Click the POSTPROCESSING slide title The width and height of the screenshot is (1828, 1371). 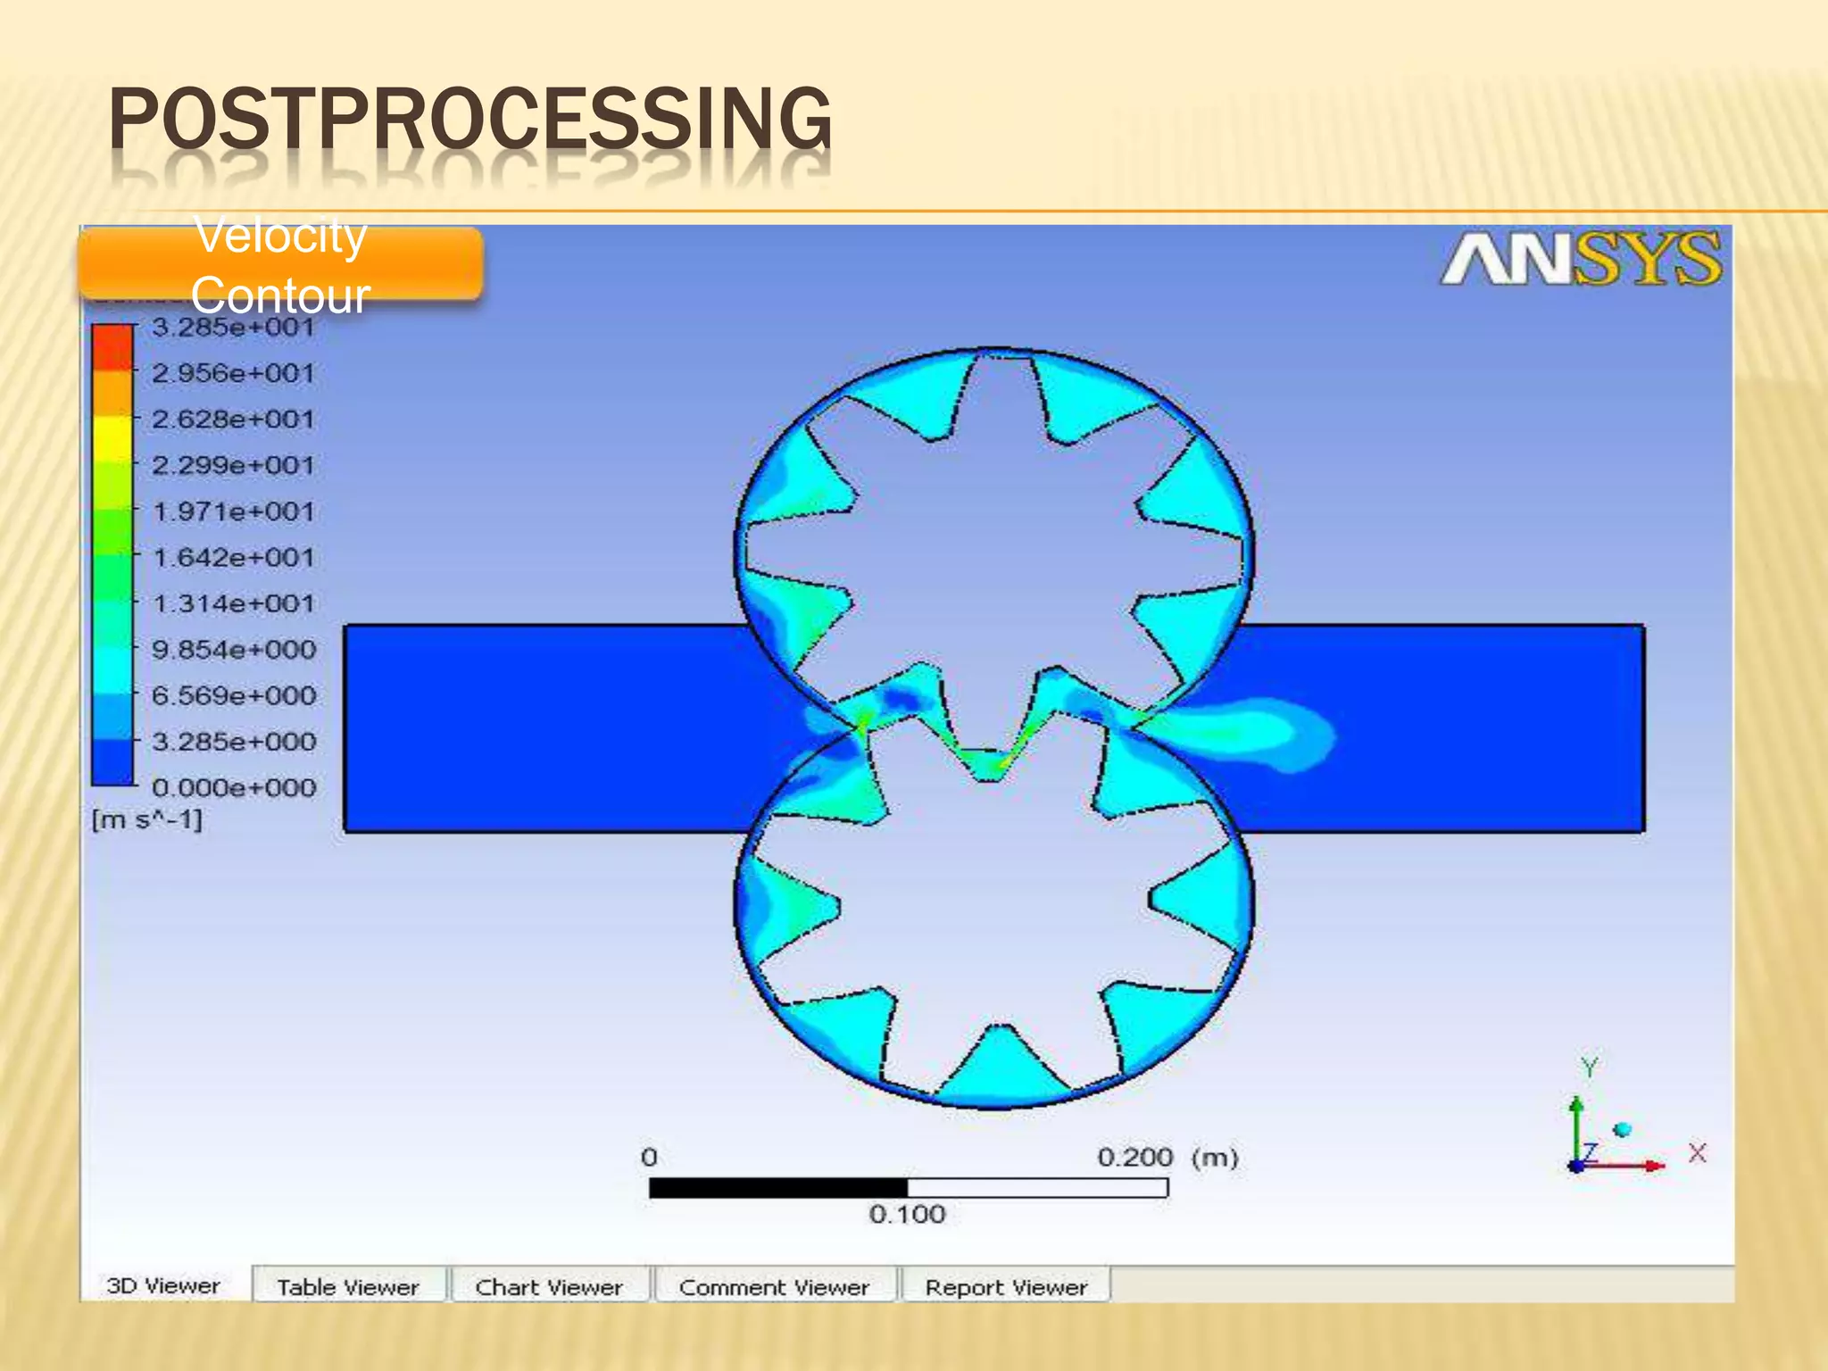click(x=470, y=120)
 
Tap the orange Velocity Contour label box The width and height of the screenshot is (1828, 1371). click(x=280, y=264)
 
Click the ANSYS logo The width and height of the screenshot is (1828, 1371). click(x=1581, y=261)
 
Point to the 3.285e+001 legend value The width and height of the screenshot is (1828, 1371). click(x=233, y=328)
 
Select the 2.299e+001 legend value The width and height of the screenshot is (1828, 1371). click(x=233, y=466)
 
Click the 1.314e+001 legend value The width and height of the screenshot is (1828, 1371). click(x=233, y=604)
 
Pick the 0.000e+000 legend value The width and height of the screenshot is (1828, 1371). click(x=233, y=788)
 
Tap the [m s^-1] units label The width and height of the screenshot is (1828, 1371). click(x=147, y=819)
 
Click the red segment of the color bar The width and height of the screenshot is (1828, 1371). click(x=112, y=346)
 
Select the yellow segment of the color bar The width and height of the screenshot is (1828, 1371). click(x=112, y=437)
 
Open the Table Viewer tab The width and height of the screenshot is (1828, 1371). click(x=348, y=1287)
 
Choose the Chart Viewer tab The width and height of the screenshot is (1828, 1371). click(x=549, y=1287)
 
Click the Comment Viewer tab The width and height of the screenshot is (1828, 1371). click(x=774, y=1287)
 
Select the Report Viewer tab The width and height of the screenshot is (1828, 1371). click(x=1006, y=1287)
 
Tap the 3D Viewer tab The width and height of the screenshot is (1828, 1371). click(x=163, y=1285)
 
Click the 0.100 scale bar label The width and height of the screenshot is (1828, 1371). click(x=907, y=1214)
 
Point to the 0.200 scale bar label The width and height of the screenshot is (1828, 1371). click(x=1134, y=1158)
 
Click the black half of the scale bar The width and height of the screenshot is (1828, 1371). click(x=778, y=1188)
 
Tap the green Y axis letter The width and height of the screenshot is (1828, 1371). click(x=1589, y=1068)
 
